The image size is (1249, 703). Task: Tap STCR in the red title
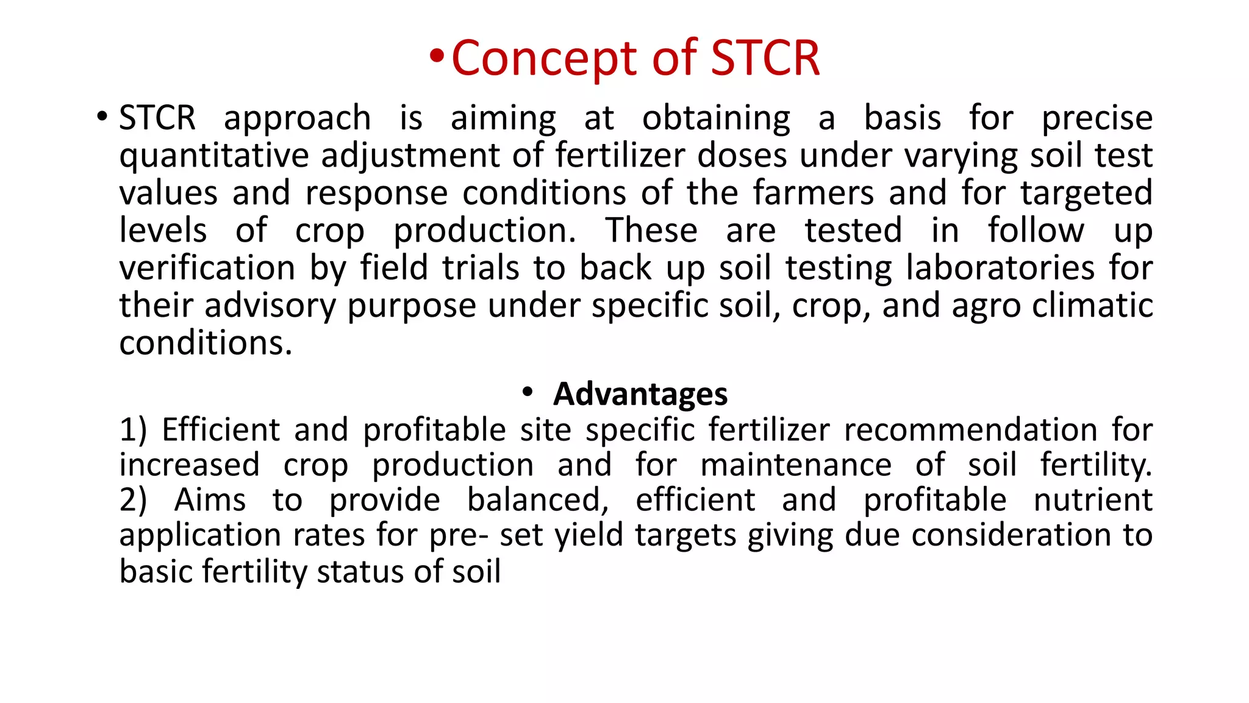pos(765,58)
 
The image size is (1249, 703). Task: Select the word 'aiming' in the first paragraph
pos(503,118)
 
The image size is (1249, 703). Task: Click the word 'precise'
pos(1097,118)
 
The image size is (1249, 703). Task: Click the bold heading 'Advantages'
pos(640,394)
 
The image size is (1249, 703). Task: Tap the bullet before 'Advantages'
pos(528,392)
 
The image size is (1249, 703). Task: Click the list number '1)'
pos(133,430)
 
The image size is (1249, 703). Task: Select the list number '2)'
pos(133,500)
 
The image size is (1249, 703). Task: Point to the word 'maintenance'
pos(796,465)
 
